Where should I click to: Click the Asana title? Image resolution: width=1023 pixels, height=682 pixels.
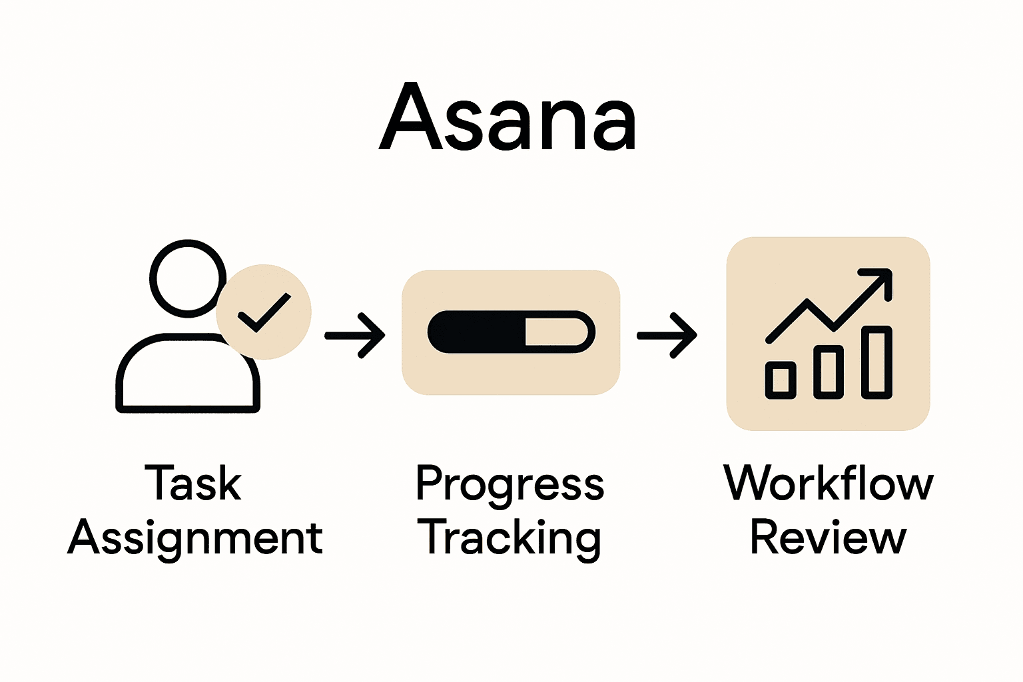(508, 118)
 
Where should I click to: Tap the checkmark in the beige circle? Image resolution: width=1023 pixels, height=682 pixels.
(264, 312)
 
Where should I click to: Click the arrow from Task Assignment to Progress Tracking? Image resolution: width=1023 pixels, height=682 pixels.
(355, 336)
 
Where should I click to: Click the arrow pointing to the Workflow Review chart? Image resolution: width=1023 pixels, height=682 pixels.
(667, 336)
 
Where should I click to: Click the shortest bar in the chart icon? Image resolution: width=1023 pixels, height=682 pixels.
(781, 380)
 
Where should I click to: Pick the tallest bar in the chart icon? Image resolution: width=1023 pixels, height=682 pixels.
(876, 362)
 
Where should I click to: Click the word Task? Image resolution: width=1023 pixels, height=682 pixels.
(193, 484)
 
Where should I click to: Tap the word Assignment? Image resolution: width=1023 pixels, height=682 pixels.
(195, 538)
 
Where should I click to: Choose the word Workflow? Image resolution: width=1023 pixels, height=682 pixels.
(829, 484)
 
